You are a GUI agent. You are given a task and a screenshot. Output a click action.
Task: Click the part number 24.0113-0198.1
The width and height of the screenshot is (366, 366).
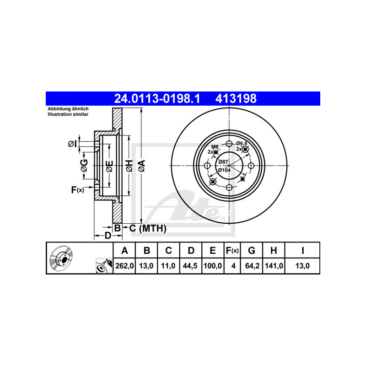pos(157,98)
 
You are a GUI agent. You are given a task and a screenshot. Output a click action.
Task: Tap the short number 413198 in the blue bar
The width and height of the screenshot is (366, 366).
pos(236,98)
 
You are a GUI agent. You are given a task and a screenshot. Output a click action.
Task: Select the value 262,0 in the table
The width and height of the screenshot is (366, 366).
pos(124,266)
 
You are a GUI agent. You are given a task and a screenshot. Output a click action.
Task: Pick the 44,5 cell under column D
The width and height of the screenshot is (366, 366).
pos(190,266)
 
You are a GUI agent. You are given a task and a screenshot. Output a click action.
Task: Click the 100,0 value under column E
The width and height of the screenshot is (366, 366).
pos(212,266)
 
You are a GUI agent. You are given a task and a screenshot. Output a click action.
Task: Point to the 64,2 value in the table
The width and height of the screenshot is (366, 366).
pos(252,266)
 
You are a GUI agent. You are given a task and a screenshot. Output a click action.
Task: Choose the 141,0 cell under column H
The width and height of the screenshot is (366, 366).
pos(274,266)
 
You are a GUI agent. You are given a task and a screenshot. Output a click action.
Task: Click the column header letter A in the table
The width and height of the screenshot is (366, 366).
pos(124,250)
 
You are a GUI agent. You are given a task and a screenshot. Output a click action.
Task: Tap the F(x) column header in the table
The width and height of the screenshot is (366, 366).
pos(232,250)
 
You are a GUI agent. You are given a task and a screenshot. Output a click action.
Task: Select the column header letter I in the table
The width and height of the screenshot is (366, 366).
pos(303,250)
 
